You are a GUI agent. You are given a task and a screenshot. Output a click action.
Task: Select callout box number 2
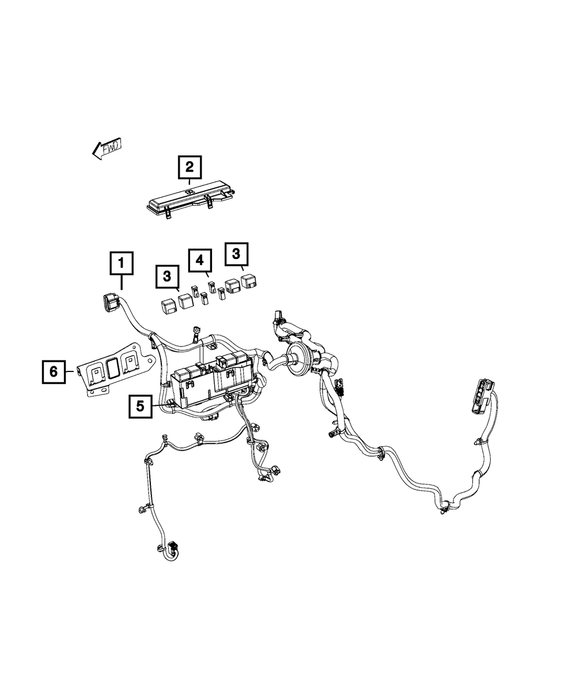click(x=190, y=168)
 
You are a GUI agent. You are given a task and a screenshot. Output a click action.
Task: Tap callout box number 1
click(x=122, y=264)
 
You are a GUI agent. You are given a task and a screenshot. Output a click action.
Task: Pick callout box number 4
click(x=200, y=260)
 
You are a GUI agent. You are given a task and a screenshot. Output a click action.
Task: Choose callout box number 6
click(x=53, y=372)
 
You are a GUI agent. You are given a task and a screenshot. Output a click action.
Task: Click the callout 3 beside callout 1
click(x=167, y=276)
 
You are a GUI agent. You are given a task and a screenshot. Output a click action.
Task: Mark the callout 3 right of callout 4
click(x=238, y=254)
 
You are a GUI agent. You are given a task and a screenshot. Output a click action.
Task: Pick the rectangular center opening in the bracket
click(x=113, y=369)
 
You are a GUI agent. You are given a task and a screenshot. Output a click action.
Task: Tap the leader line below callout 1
click(x=122, y=284)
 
